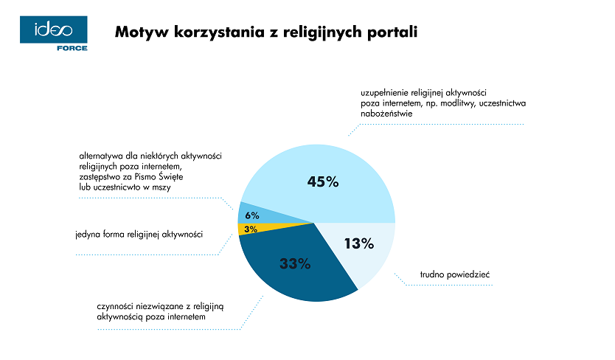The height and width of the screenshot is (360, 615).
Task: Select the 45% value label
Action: tap(322, 181)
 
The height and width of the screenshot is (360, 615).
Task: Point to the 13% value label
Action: tap(360, 243)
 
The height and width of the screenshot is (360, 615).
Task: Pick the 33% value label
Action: tap(295, 263)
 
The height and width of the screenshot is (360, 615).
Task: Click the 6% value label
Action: tap(251, 215)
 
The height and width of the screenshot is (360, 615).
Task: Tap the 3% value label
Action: tap(251, 229)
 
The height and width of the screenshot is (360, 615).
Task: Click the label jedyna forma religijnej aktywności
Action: tap(139, 235)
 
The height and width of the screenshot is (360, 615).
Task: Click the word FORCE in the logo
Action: tap(72, 48)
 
